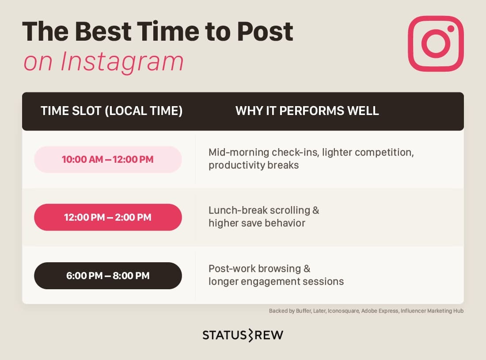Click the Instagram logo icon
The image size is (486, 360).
[x=436, y=43]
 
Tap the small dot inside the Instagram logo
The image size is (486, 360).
[x=451, y=29]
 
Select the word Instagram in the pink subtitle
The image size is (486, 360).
[x=122, y=61]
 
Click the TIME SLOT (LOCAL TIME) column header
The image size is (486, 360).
[x=111, y=111]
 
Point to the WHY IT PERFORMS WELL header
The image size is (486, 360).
[x=307, y=111]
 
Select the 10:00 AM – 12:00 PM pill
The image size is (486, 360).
[x=108, y=159]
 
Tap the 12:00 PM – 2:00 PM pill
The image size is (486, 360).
[x=108, y=217]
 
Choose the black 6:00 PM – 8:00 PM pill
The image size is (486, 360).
[x=108, y=276]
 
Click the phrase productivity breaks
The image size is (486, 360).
[x=254, y=165]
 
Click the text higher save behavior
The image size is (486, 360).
[x=257, y=223]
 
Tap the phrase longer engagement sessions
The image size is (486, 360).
[x=276, y=281]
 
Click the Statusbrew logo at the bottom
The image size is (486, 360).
[x=243, y=335]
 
